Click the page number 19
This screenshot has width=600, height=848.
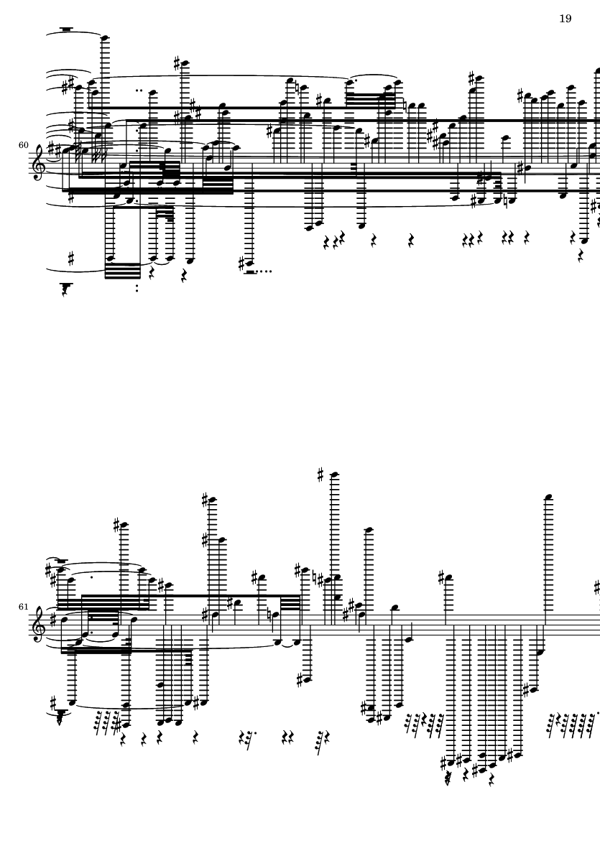[x=565, y=19]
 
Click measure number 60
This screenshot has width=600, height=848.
[x=23, y=145]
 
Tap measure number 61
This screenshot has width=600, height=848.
[x=23, y=607]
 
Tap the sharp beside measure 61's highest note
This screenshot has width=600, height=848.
[x=320, y=475]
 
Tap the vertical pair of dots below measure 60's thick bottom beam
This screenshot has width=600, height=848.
[x=137, y=288]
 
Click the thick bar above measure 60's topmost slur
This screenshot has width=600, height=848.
[x=67, y=29]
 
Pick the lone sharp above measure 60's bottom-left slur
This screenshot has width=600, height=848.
[x=71, y=259]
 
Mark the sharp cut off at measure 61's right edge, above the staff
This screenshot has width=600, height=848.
[x=597, y=587]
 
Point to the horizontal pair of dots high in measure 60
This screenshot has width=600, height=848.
[x=139, y=90]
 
